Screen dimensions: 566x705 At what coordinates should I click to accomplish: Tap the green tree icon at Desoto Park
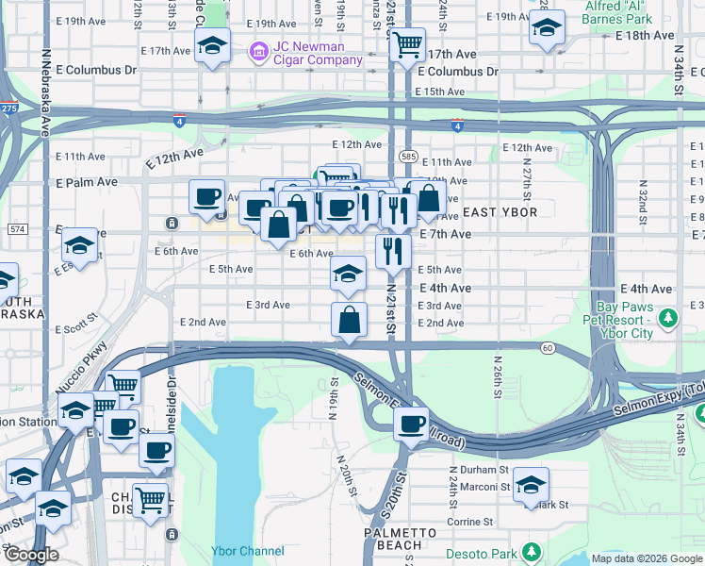pyautogui.click(x=533, y=550)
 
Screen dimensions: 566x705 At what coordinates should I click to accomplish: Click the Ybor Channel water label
pyautogui.click(x=249, y=551)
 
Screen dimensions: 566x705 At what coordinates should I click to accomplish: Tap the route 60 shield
pyautogui.click(x=547, y=348)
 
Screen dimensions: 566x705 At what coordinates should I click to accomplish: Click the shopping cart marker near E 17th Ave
pyautogui.click(x=406, y=43)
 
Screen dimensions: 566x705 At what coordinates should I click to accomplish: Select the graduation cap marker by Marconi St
pyautogui.click(x=532, y=485)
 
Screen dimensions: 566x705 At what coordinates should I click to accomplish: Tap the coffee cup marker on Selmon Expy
pyautogui.click(x=411, y=424)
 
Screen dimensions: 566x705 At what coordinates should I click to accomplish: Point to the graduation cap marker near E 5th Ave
pyautogui.click(x=349, y=274)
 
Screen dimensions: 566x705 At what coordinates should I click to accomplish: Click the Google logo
pyautogui.click(x=31, y=556)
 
